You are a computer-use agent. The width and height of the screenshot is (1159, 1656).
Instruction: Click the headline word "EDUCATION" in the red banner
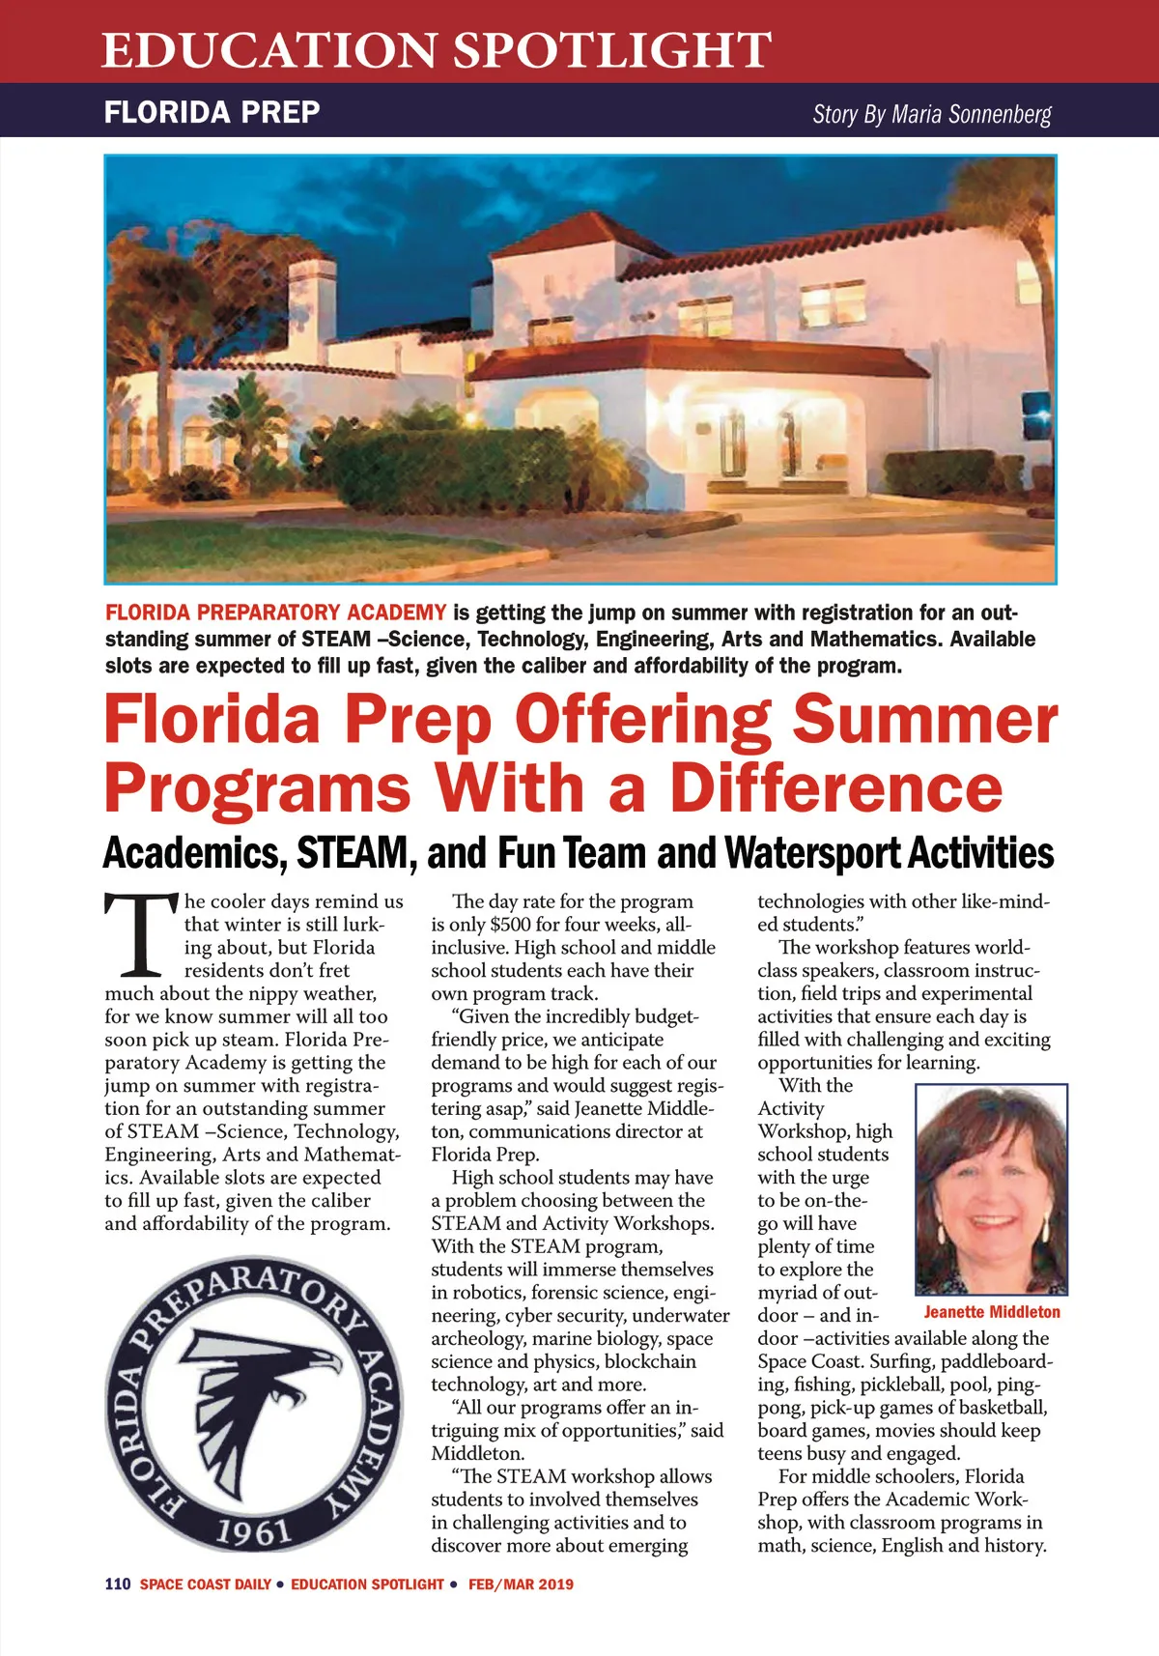click(x=269, y=50)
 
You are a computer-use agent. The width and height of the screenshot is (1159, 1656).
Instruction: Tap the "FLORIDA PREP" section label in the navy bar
click(x=212, y=112)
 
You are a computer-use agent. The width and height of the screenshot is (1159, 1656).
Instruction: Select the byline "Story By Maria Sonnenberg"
click(x=931, y=115)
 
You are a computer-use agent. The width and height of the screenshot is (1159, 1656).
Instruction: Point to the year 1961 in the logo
click(x=252, y=1533)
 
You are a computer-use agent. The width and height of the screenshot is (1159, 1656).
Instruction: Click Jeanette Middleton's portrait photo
click(x=991, y=1189)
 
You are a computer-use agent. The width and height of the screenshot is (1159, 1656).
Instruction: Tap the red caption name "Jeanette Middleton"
click(x=991, y=1312)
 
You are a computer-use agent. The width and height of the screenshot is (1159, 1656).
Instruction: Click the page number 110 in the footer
click(x=118, y=1585)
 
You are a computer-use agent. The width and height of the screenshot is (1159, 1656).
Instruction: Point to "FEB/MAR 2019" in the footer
click(x=521, y=1585)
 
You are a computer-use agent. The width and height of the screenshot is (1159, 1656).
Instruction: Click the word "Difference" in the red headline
click(x=836, y=787)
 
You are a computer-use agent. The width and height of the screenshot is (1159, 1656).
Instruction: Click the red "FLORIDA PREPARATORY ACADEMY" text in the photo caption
click(x=275, y=613)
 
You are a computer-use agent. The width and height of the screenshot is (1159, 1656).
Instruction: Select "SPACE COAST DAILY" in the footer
click(x=205, y=1585)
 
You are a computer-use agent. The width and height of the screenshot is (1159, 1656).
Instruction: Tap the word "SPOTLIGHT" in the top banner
click(x=612, y=50)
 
